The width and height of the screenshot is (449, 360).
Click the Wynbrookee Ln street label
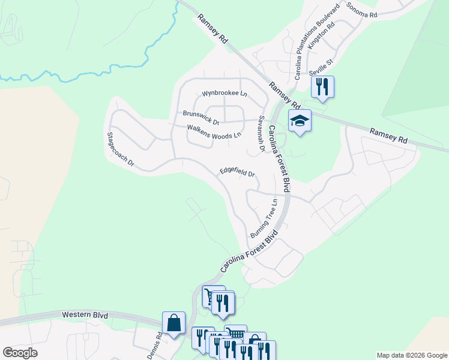click(224, 94)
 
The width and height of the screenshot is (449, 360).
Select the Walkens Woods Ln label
click(214, 131)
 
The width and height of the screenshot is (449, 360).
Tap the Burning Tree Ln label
click(264, 217)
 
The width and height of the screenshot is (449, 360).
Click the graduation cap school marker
click(300, 121)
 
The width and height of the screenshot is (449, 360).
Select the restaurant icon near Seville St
click(322, 86)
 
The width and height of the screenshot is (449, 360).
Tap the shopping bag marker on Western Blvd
click(173, 323)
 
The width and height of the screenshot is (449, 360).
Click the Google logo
click(20, 353)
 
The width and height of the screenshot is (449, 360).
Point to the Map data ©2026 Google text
click(412, 355)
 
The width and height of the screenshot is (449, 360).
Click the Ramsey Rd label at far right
click(388, 135)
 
